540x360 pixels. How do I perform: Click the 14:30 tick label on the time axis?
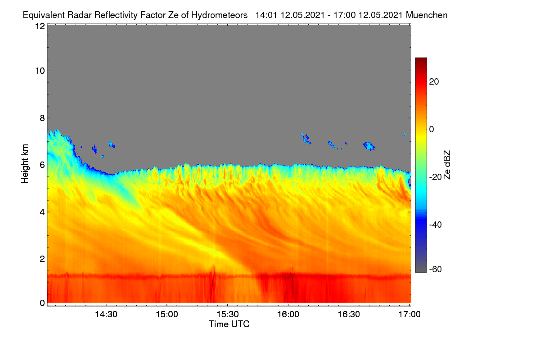[106, 314]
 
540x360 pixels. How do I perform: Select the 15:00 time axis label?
[167, 314]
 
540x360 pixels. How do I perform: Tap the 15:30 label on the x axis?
[228, 314]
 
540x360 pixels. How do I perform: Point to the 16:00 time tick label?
[288, 314]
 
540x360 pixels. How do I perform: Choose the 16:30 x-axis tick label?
[349, 314]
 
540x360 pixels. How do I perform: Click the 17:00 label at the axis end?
[409, 314]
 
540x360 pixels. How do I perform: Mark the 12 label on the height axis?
[40, 26]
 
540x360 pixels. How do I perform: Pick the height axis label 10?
[40, 71]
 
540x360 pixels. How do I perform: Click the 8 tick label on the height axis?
[42, 118]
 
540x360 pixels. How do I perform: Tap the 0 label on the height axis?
[42, 303]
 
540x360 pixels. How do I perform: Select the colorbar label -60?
[436, 269]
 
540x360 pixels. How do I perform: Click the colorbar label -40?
[436, 225]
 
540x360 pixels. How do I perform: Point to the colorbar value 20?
[434, 82]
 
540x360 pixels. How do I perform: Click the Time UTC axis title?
[229, 324]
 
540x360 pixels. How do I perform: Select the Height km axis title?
[25, 164]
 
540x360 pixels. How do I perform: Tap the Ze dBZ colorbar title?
[447, 165]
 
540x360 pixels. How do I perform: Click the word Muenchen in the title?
[427, 15]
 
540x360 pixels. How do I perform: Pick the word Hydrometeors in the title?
[220, 15]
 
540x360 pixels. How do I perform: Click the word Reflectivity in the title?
[116, 15]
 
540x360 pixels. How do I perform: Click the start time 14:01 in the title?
[266, 15]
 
